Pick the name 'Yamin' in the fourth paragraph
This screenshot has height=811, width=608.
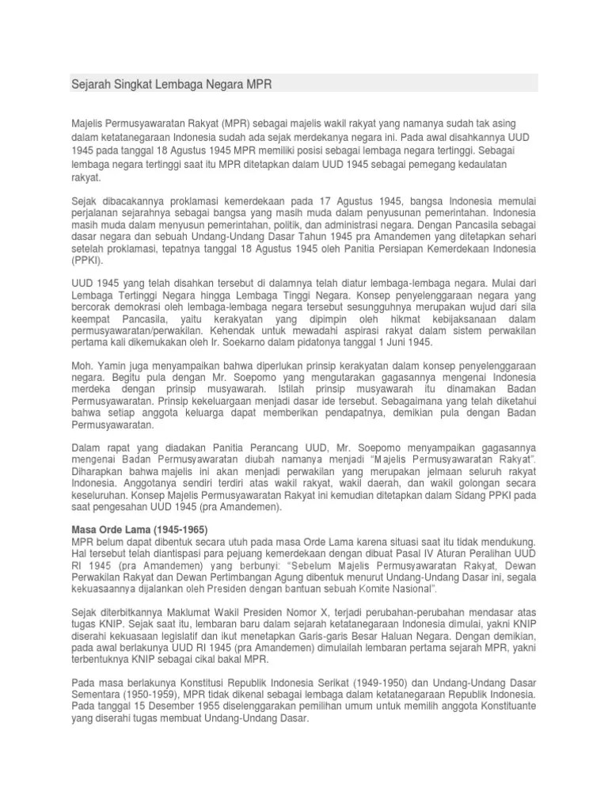point(110,366)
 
